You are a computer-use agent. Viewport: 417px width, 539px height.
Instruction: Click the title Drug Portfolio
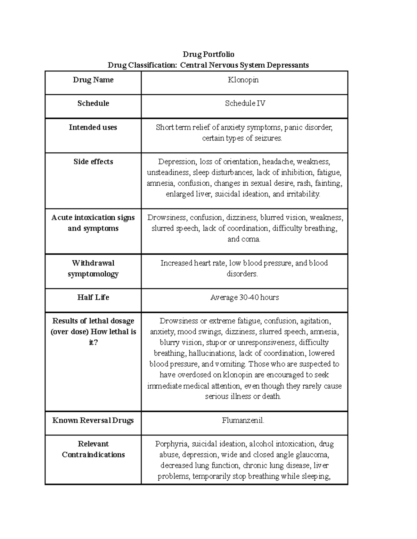[208, 54]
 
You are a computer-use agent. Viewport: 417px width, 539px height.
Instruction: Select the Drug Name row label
[93, 80]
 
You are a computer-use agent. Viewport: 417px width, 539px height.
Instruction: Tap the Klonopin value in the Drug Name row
[243, 80]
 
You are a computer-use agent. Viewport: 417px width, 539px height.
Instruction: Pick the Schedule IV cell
[245, 103]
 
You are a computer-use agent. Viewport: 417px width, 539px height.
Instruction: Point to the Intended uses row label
[93, 127]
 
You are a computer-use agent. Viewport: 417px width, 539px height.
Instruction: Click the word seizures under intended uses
[268, 138]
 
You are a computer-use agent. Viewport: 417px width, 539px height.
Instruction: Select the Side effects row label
[93, 162]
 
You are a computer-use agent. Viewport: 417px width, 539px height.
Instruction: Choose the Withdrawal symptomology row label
[93, 268]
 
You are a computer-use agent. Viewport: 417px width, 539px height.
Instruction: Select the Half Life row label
[93, 297]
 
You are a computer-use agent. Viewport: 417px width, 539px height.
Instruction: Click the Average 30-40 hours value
[245, 297]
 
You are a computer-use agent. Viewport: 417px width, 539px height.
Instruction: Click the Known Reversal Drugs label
[93, 421]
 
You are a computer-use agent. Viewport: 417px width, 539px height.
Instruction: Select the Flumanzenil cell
[243, 421]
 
